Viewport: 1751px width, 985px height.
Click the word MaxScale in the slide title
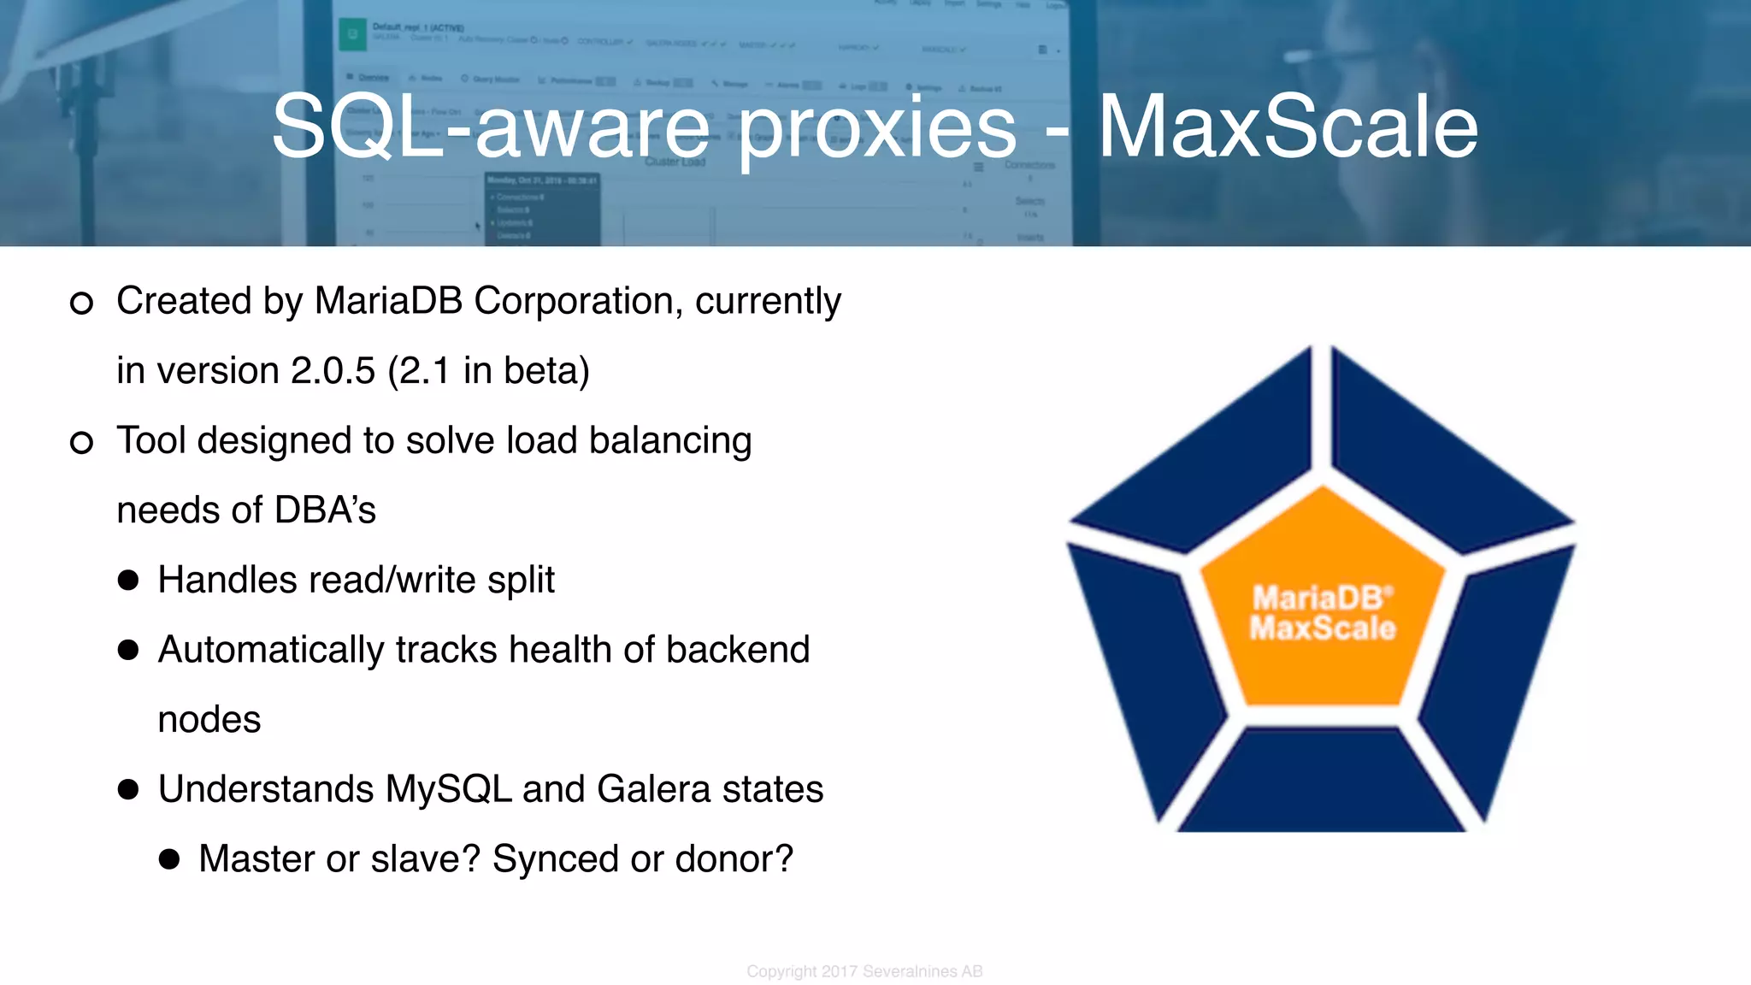tap(1288, 127)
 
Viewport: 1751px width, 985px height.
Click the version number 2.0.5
tap(333, 371)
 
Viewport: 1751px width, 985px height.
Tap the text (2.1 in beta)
tap(488, 371)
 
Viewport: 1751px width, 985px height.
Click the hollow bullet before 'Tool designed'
tap(81, 442)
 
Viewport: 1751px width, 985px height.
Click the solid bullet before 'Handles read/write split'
tap(128, 581)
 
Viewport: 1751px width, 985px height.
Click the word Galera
tap(653, 789)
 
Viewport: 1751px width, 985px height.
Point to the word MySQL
tap(448, 789)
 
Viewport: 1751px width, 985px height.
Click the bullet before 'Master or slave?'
tap(169, 859)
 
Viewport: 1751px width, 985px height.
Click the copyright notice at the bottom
tap(864, 971)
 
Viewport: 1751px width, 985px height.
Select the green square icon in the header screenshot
tap(351, 35)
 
